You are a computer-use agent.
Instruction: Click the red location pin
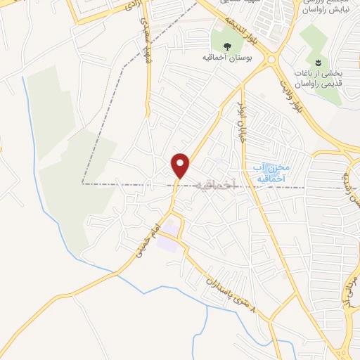click(181, 165)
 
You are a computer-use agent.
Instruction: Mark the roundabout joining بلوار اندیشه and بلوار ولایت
click(271, 61)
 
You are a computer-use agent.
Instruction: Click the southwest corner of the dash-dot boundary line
click(82, 184)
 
